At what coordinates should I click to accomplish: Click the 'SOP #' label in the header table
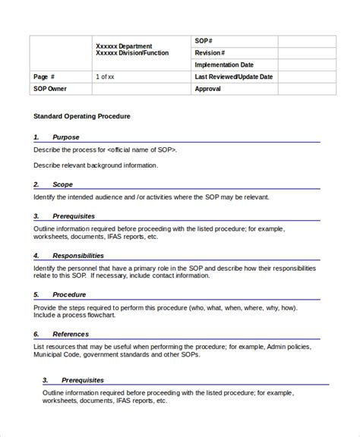[x=204, y=40]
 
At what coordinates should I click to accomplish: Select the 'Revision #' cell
[x=210, y=52]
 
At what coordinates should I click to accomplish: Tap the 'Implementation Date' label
[x=224, y=64]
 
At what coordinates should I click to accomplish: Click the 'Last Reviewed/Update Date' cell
[x=233, y=77]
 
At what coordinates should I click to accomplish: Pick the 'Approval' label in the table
[x=208, y=89]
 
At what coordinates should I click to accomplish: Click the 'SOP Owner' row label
[x=50, y=89]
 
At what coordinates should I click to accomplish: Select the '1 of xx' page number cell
[x=106, y=77]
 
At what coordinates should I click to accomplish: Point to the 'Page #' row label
[x=45, y=77]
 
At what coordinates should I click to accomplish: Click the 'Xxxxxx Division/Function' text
[x=132, y=53]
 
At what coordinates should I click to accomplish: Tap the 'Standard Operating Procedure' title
[x=82, y=117]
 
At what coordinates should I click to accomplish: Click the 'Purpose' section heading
[x=65, y=137]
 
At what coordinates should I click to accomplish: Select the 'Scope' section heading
[x=63, y=184]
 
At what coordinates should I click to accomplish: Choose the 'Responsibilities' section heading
[x=78, y=256]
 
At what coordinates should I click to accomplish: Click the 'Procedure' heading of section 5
[x=69, y=294]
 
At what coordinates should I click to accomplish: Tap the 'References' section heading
[x=71, y=333]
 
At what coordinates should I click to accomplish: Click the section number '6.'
[x=36, y=333]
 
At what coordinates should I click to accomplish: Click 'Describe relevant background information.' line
[x=96, y=164]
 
